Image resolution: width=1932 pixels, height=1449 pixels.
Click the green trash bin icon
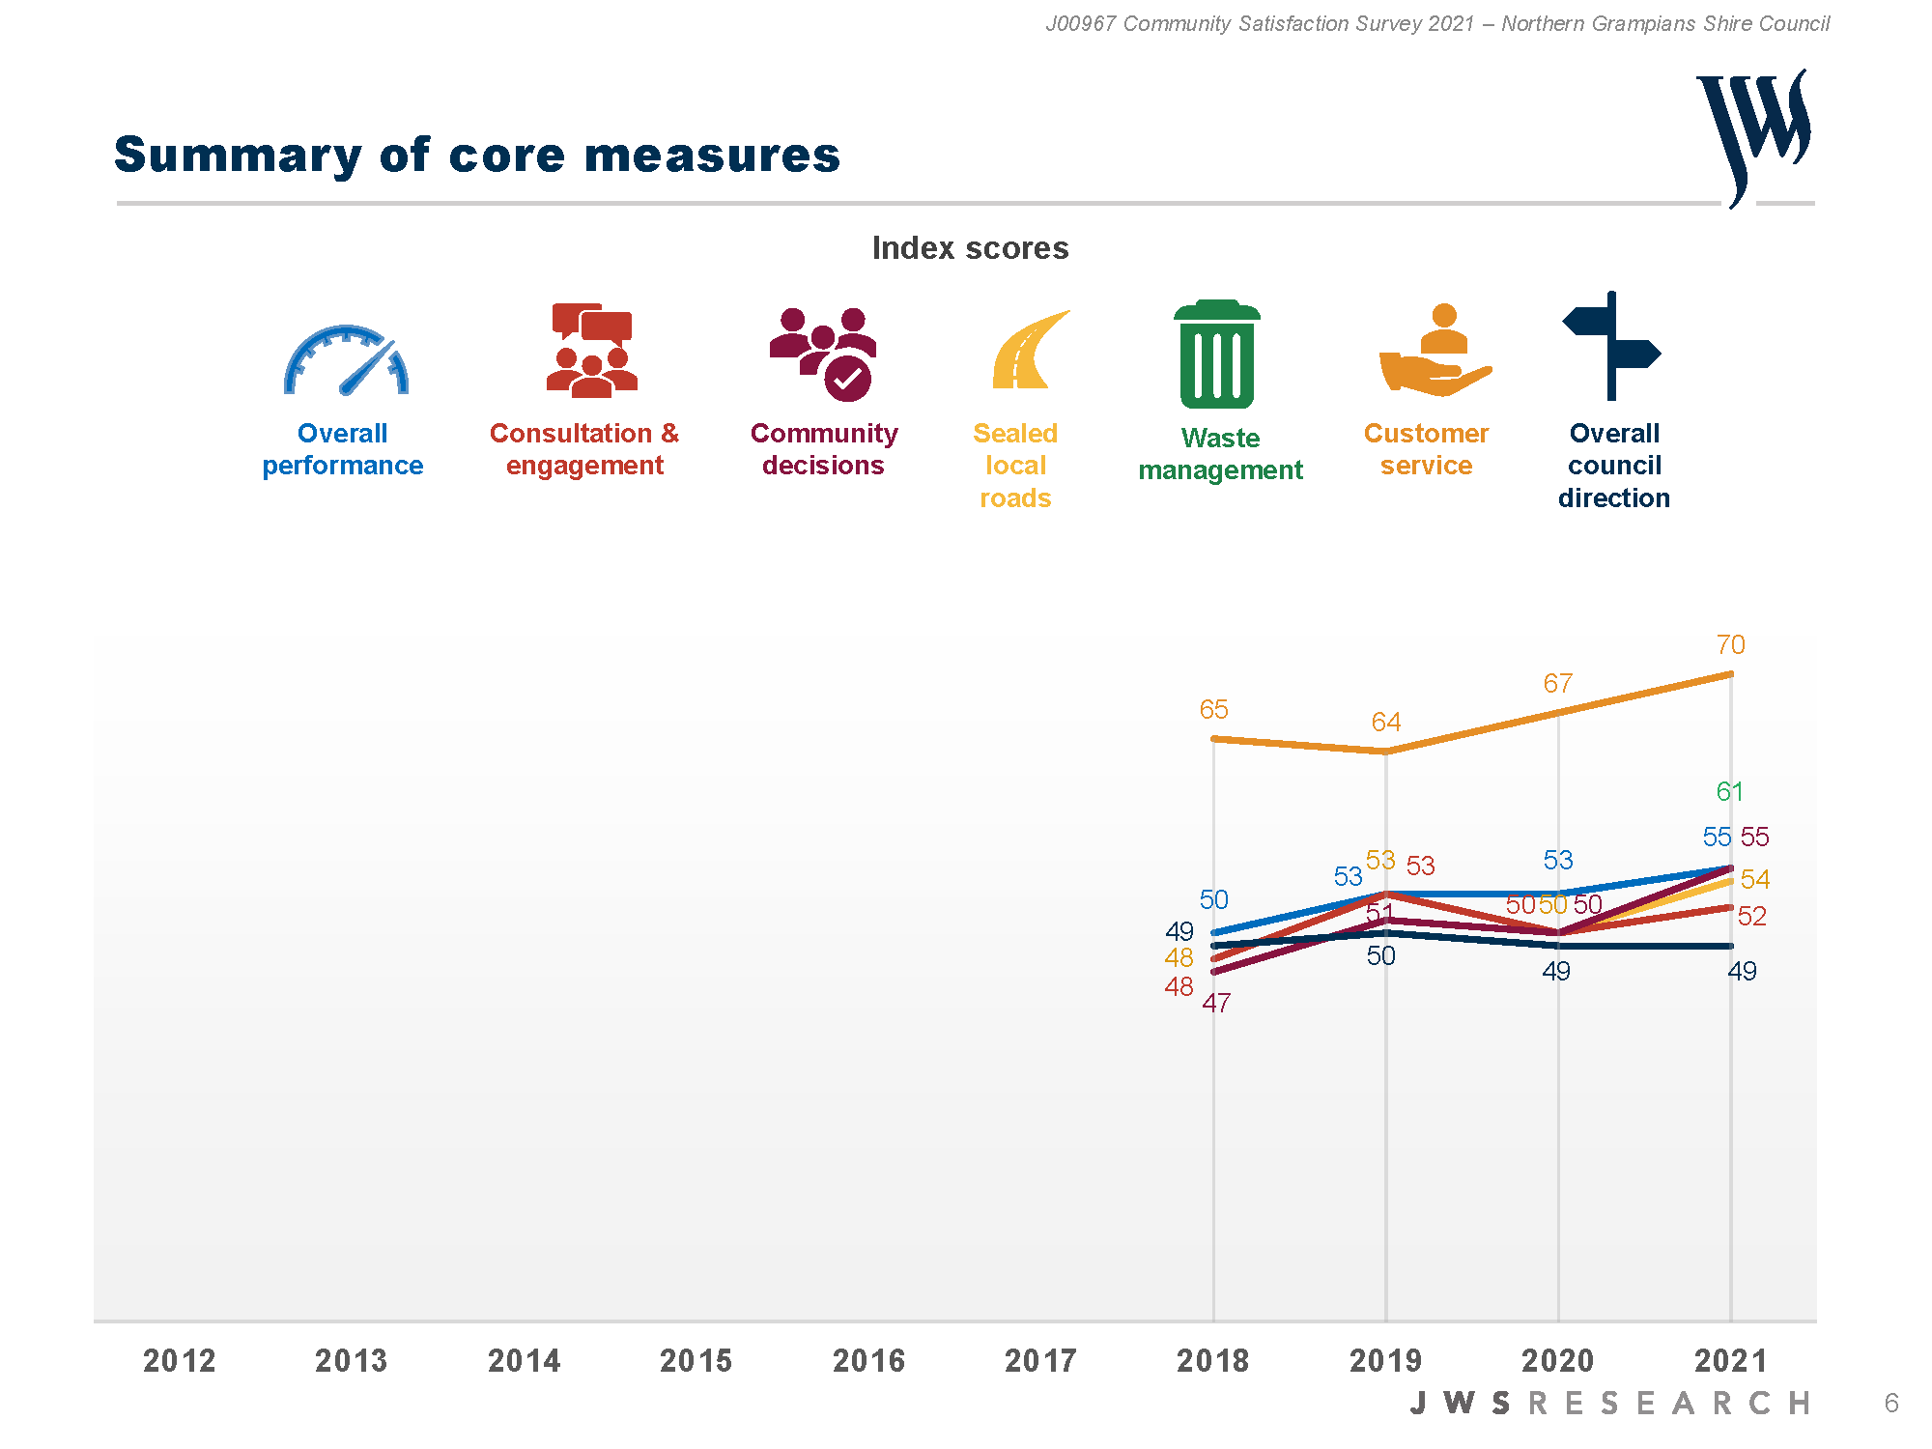(x=1217, y=355)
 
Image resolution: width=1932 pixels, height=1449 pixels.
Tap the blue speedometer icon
(x=346, y=361)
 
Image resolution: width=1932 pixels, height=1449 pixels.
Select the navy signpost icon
(x=1611, y=346)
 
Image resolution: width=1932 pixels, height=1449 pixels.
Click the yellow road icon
(x=1027, y=351)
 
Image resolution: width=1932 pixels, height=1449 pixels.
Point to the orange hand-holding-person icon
(x=1435, y=352)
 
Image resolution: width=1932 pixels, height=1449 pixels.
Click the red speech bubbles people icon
(x=591, y=351)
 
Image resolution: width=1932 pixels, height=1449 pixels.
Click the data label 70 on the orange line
(x=1730, y=645)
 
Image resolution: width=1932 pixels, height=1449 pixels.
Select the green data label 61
(x=1729, y=792)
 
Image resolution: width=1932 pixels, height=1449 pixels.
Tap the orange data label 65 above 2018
(x=1213, y=710)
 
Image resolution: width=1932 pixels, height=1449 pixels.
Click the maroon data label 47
(x=1216, y=1004)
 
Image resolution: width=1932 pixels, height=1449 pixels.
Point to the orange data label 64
(x=1385, y=723)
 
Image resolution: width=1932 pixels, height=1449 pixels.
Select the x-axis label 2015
(x=696, y=1361)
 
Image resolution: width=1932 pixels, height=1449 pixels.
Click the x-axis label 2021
(x=1730, y=1361)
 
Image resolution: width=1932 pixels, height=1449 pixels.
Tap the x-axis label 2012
(x=180, y=1361)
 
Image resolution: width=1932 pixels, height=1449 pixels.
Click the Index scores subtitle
(x=970, y=248)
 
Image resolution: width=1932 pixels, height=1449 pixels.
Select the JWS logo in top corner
(x=1753, y=135)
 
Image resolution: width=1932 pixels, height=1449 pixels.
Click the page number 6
(x=1890, y=1403)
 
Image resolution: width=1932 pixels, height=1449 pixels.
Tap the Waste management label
(x=1220, y=454)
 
